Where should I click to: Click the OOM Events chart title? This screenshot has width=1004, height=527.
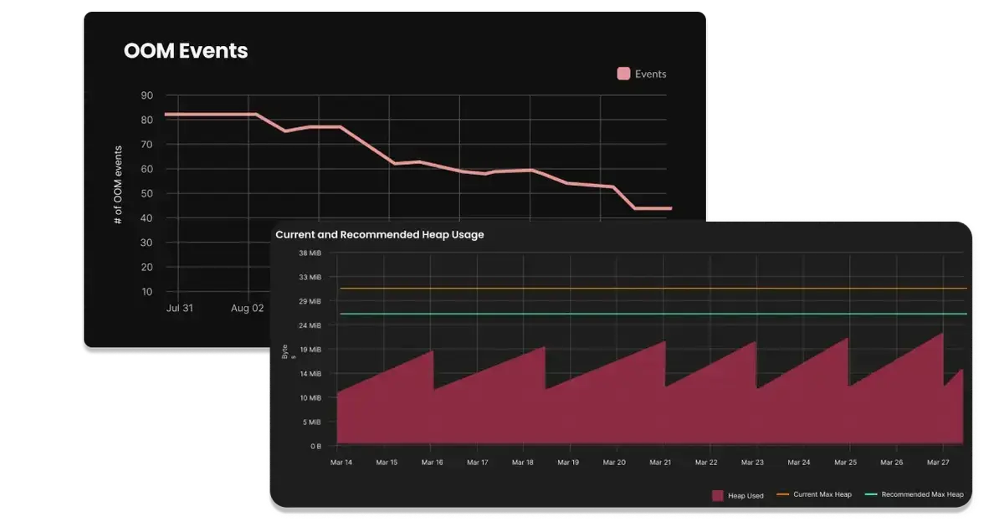186,51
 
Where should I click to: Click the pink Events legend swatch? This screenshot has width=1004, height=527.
623,74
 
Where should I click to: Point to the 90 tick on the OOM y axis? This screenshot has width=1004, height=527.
146,95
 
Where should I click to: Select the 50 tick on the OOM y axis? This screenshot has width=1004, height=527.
146,193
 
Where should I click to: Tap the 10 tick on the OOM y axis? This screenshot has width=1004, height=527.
146,291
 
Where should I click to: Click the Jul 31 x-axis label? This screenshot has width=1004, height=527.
179,308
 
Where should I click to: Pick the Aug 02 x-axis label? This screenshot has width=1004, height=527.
248,308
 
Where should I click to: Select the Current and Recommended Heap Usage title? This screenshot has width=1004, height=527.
379,235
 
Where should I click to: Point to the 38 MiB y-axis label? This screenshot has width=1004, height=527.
310,253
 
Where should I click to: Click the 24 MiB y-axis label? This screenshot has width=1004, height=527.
310,325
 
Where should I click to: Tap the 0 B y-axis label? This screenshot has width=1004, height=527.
315,447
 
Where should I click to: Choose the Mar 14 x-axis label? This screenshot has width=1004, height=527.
341,463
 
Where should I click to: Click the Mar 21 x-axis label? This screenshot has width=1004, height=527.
660,463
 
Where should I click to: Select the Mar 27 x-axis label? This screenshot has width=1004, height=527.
938,463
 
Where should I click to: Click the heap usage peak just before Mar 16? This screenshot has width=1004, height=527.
433,351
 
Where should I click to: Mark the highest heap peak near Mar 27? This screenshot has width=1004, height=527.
943,333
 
